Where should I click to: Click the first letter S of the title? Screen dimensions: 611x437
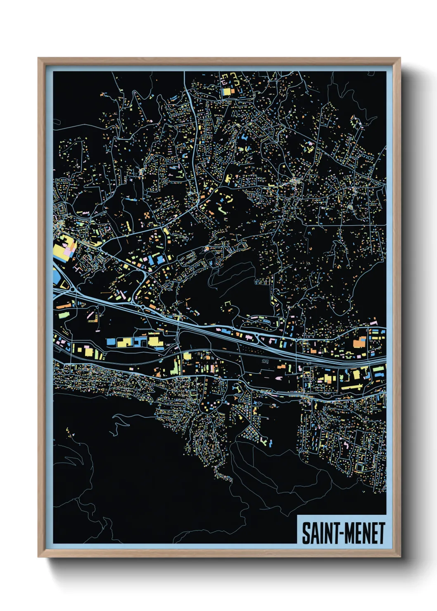(306, 533)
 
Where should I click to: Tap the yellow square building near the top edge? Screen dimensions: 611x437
(226, 92)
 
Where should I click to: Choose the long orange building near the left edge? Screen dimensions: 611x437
(64, 306)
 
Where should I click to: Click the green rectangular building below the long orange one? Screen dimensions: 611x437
(63, 315)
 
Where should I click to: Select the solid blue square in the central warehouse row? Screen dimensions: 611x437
(111, 342)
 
